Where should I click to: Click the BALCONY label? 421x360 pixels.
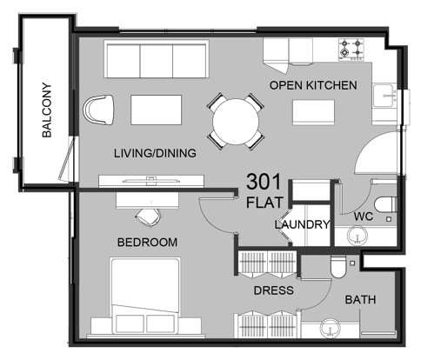coord(47,110)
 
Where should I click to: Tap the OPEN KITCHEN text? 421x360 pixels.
coord(313,85)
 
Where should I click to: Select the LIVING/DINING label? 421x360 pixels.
coord(155,153)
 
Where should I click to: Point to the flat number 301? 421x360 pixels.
coord(264,182)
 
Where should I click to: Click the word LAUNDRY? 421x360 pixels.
coord(303,224)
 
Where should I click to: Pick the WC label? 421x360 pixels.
coord(364,217)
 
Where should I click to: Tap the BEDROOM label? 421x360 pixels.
coord(147,242)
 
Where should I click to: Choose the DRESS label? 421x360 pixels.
coord(273,290)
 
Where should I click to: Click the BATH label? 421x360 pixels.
coord(360,299)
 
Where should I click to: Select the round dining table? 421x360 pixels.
coord(236,122)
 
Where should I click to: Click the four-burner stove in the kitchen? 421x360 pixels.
coord(351,50)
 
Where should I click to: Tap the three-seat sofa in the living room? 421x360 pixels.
coord(157,59)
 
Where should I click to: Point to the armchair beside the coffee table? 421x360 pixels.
coord(98,110)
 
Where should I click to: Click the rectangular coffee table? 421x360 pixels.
coord(157,110)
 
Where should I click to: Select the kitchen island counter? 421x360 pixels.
coord(313,112)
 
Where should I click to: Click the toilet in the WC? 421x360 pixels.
coord(385,204)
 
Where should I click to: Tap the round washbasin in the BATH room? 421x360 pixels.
coord(331,328)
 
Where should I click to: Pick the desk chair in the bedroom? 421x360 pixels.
coord(148,217)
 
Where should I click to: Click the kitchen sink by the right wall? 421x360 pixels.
coord(384,96)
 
